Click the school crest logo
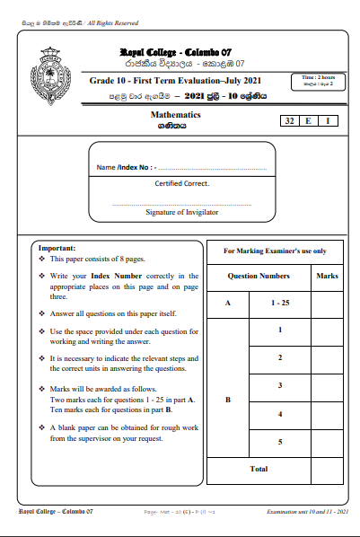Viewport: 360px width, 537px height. click(x=49, y=71)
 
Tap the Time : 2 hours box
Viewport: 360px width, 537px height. click(x=318, y=82)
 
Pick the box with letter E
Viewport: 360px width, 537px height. click(x=310, y=120)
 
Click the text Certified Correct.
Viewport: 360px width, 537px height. click(x=181, y=183)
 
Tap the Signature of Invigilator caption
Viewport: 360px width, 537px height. click(x=181, y=213)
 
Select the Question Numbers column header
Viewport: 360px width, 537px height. click(x=259, y=277)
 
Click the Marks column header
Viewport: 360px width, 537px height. click(x=327, y=277)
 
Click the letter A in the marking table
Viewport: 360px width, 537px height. click(x=227, y=304)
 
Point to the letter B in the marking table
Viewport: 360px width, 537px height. click(x=227, y=399)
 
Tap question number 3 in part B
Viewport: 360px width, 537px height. click(x=281, y=385)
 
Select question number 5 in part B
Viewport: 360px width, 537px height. click(x=281, y=442)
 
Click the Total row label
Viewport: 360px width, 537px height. click(x=259, y=469)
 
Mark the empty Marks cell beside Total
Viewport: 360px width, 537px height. click(x=327, y=469)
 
